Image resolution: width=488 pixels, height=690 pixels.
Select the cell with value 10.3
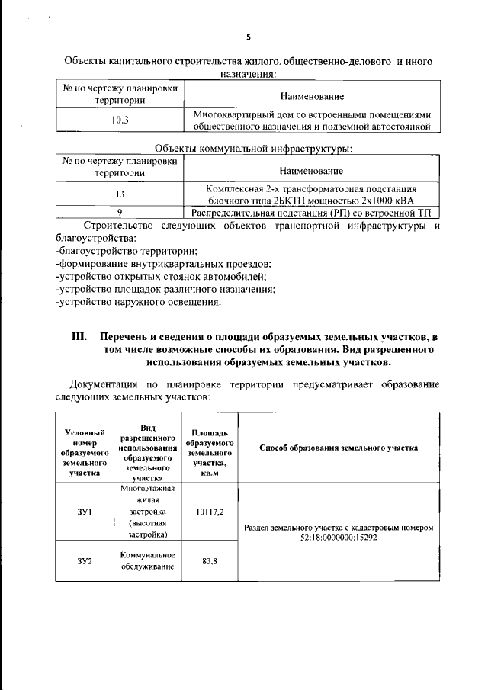(120, 120)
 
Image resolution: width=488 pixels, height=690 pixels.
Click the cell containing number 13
(120, 194)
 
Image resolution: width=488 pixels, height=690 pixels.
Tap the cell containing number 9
(120, 213)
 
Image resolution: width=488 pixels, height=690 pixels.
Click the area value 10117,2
(210, 512)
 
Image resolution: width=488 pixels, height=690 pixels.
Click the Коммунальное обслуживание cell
(148, 560)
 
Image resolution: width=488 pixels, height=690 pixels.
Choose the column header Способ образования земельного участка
(339, 448)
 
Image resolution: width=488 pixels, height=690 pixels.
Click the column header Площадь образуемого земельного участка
(210, 448)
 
